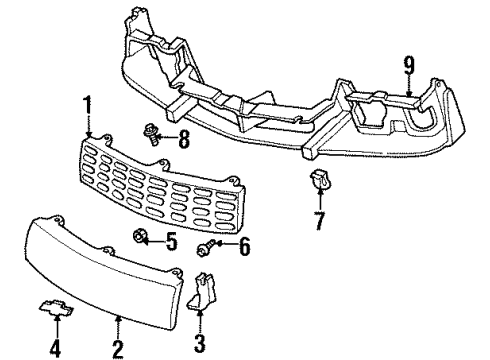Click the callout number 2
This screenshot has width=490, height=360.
[x=118, y=349]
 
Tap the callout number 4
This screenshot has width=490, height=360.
[x=54, y=349]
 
